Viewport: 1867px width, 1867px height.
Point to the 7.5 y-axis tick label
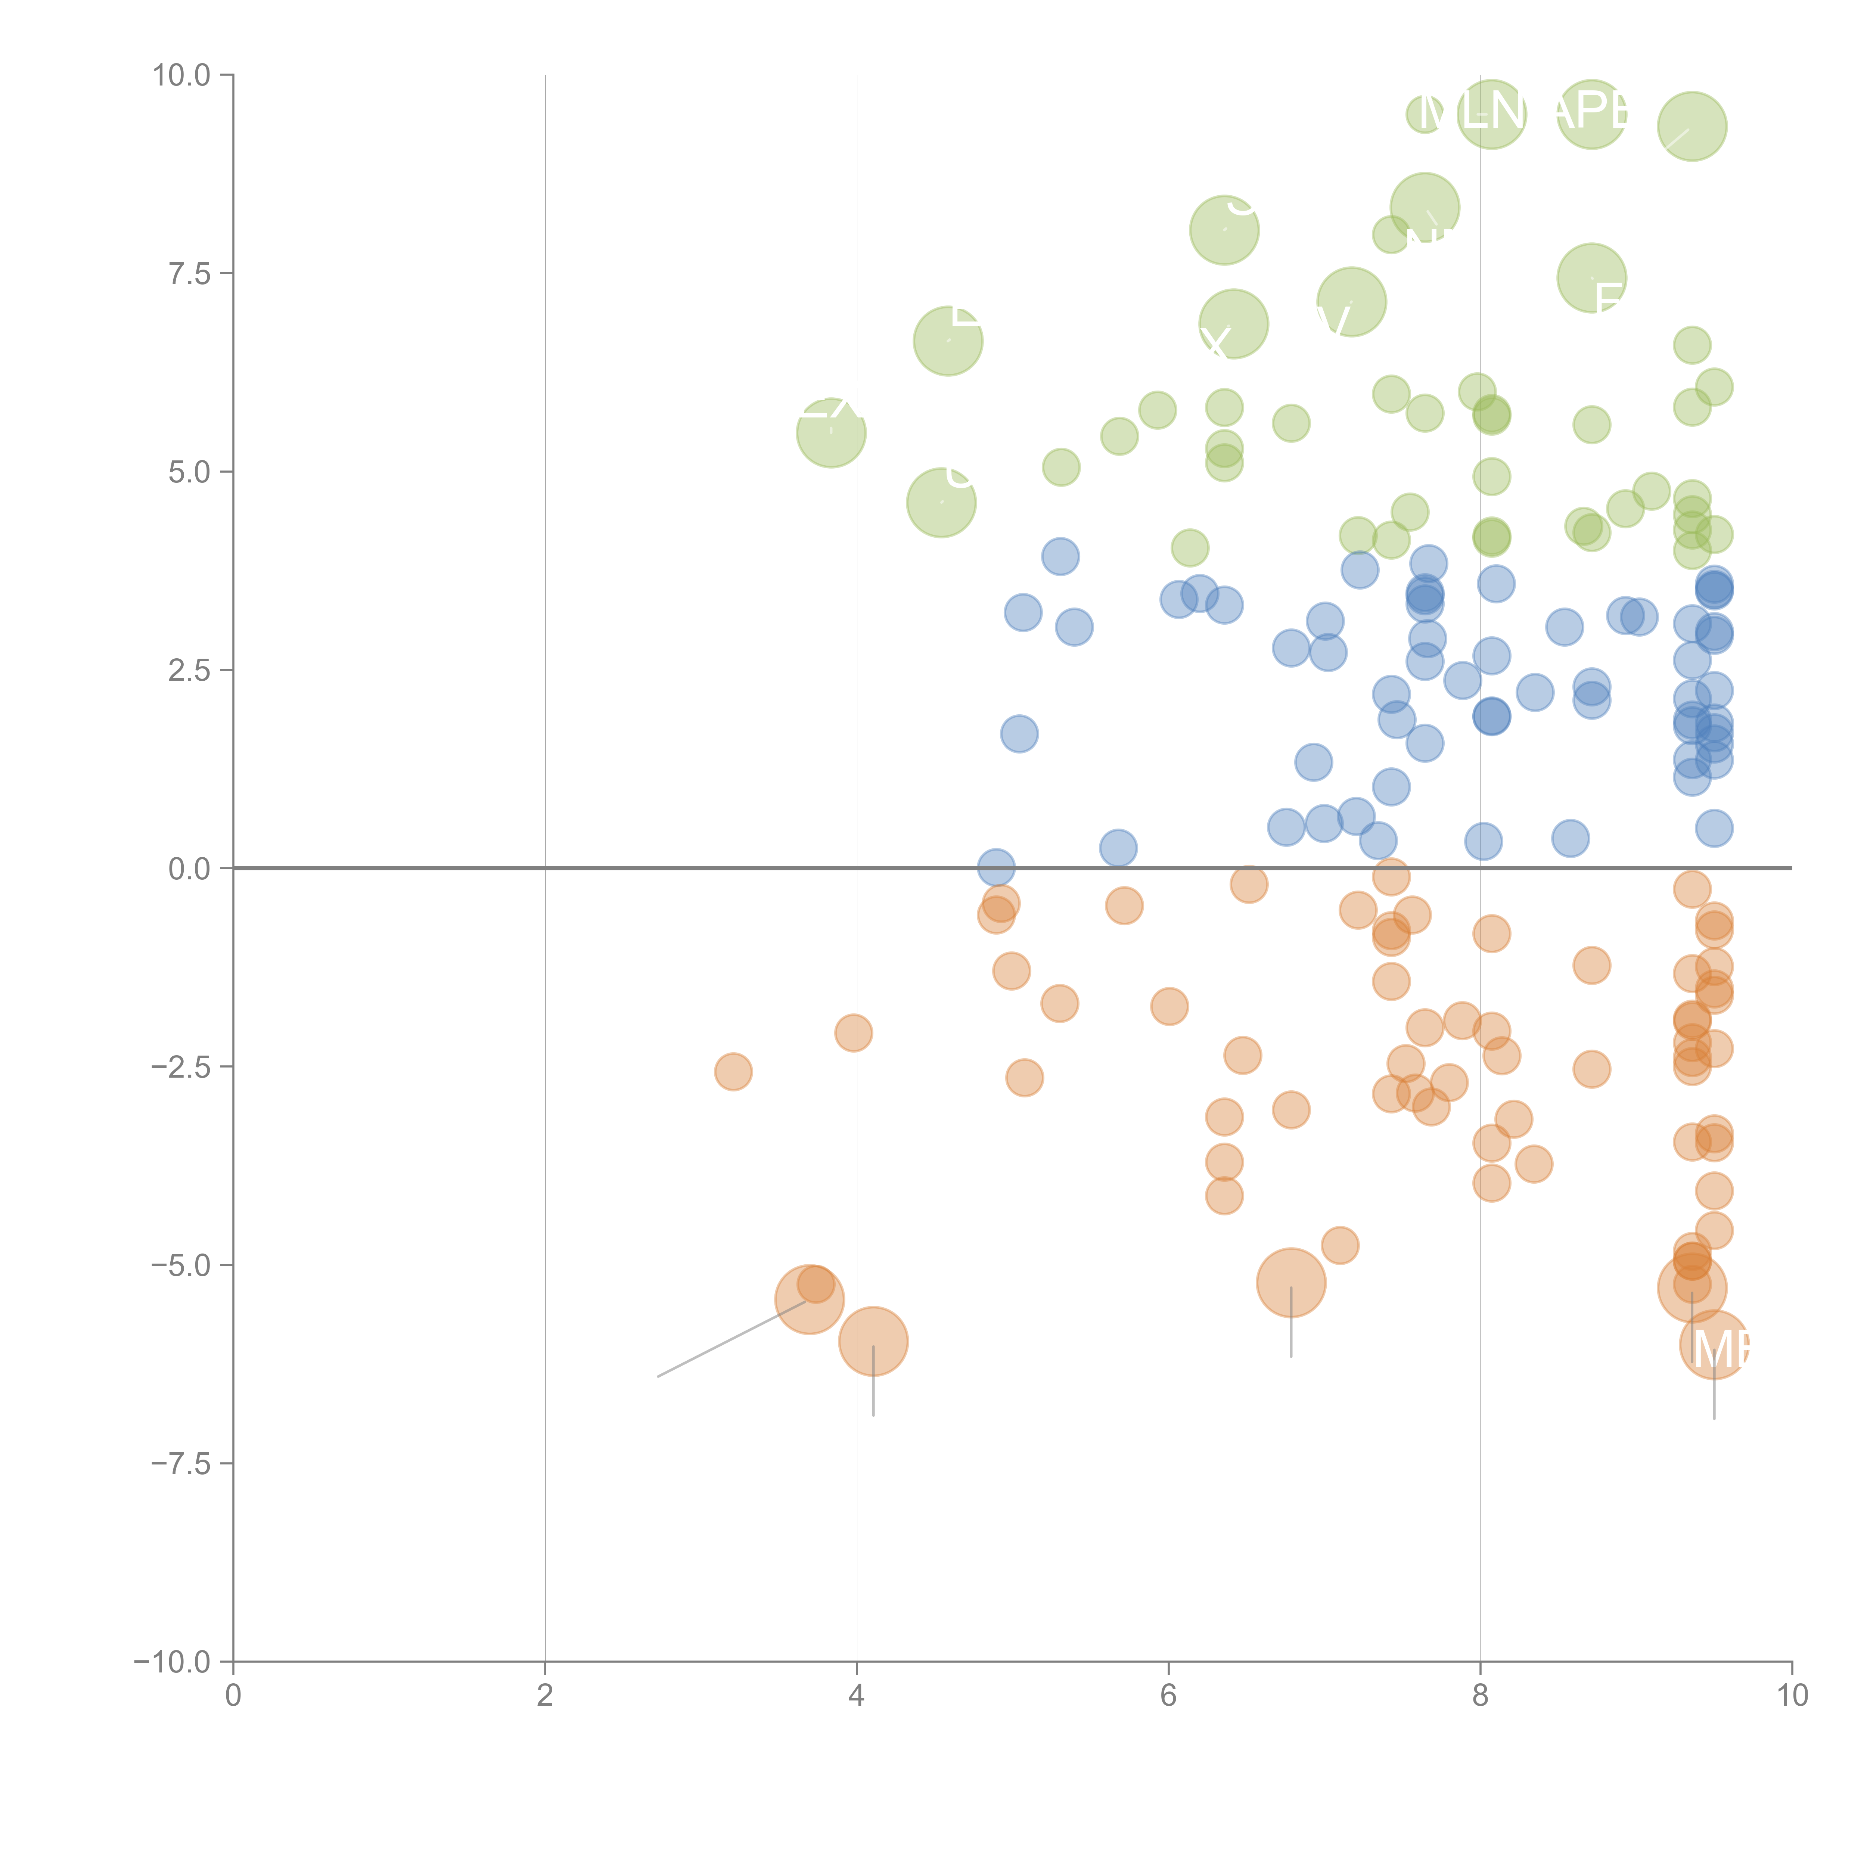tap(189, 273)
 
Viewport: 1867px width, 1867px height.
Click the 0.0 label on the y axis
tap(189, 869)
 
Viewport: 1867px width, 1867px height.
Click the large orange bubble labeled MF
tap(1714, 1344)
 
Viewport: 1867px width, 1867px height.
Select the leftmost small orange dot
tap(733, 1072)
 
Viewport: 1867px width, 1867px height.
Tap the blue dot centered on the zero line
tap(996, 868)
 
